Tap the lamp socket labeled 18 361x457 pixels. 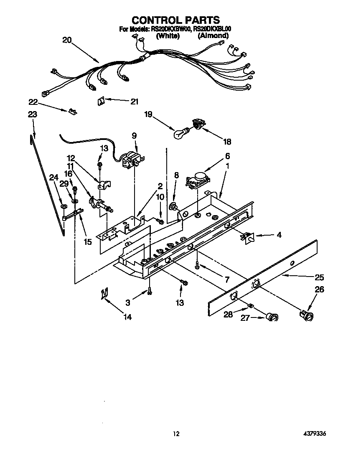click(x=197, y=124)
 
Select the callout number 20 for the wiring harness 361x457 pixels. click(x=67, y=40)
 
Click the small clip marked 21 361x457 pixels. click(x=101, y=101)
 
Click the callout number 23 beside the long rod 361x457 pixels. click(x=33, y=114)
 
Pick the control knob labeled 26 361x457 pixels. click(x=308, y=315)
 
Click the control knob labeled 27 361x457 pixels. click(x=272, y=317)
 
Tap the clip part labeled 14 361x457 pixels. click(x=104, y=294)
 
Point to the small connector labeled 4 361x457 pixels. click(x=247, y=237)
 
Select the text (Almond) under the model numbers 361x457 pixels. click(x=213, y=36)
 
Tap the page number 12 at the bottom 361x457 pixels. click(x=176, y=434)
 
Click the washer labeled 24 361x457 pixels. click(x=64, y=206)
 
